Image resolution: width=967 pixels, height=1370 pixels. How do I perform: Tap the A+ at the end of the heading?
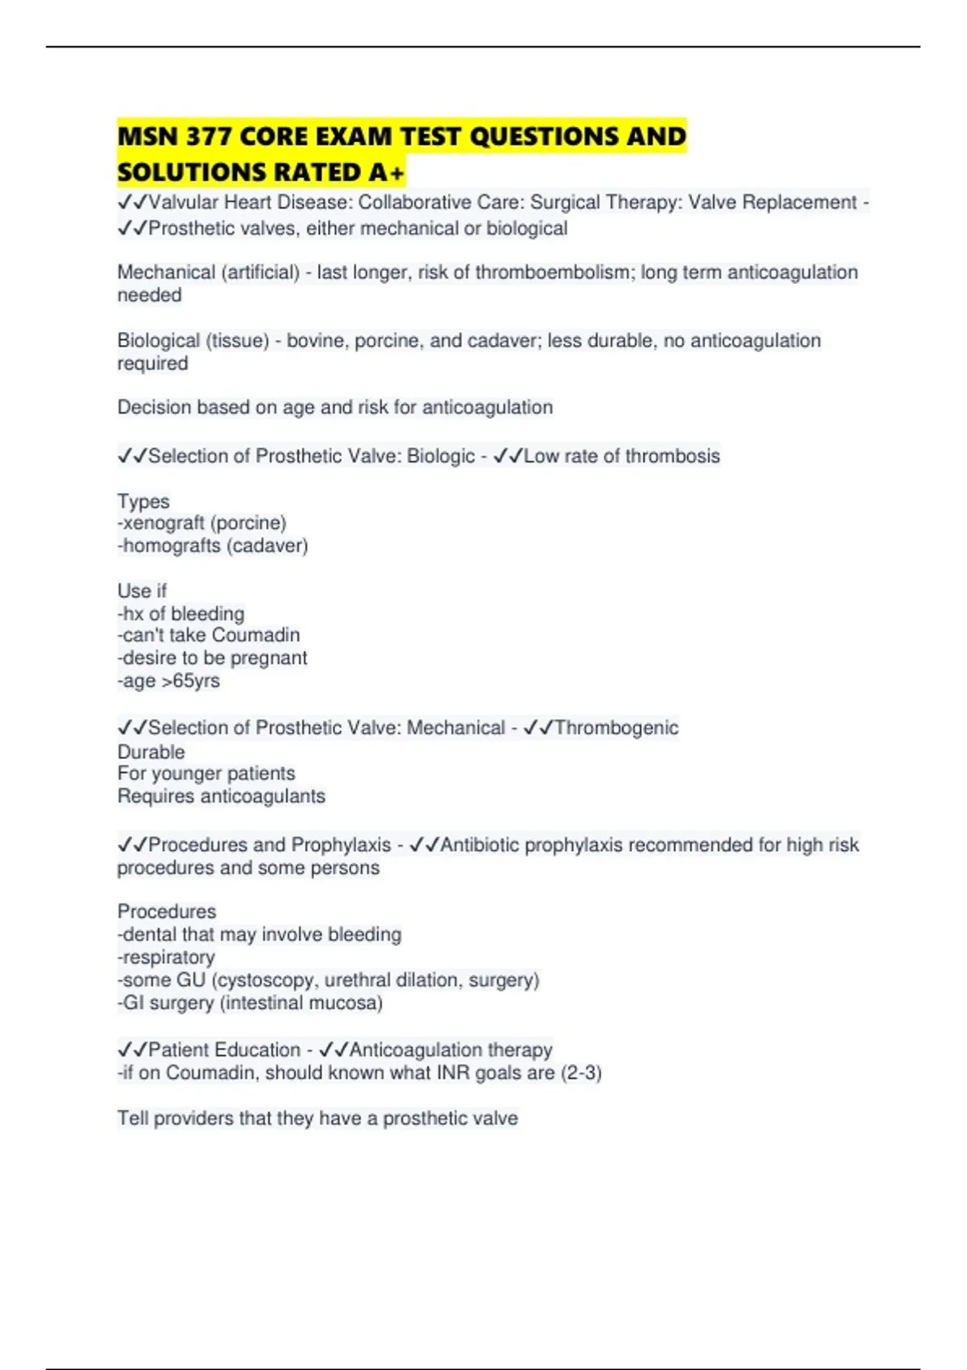tap(386, 172)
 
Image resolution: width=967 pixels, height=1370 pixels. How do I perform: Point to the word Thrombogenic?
tap(616, 728)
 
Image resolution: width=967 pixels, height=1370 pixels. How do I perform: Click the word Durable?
tap(151, 752)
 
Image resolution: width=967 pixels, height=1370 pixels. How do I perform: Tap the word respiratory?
tap(168, 957)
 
